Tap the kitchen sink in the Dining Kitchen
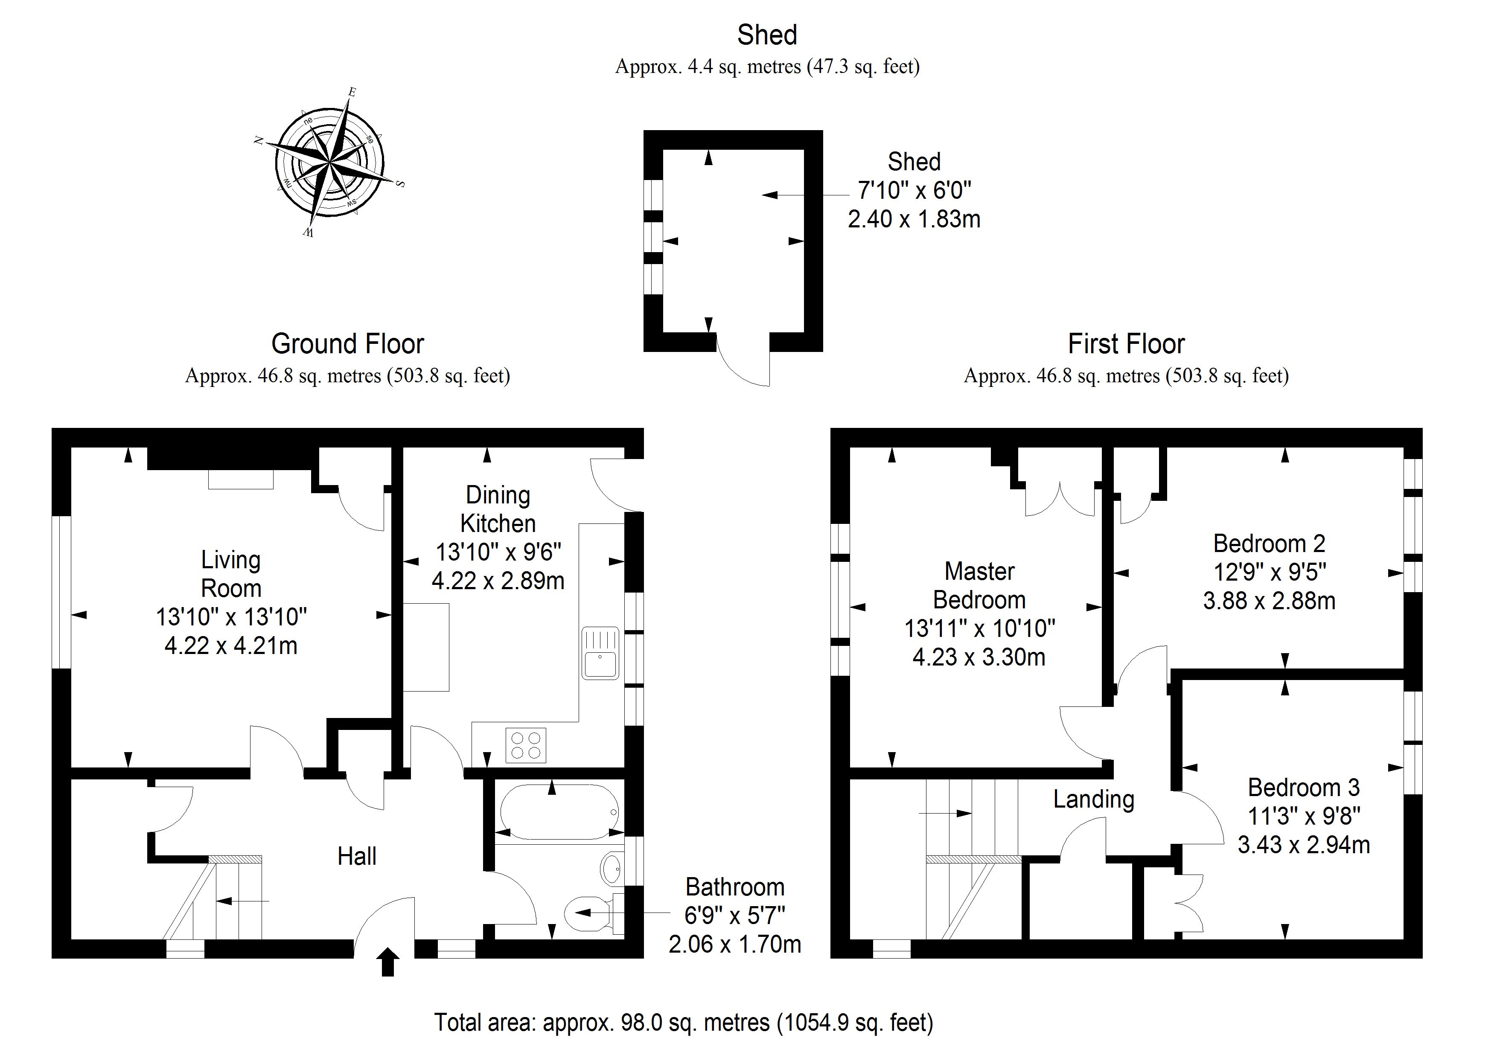coord(600,653)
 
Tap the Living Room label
coord(231,574)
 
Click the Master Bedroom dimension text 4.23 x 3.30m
coord(979,657)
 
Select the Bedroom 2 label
coord(1269,543)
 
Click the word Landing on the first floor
coord(1093,799)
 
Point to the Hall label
coord(357,856)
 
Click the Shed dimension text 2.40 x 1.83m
coord(914,219)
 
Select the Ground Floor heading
coord(347,343)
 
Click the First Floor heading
coord(1126,343)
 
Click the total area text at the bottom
coord(683,1022)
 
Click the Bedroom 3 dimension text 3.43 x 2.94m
coord(1303,845)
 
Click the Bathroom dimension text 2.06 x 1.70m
coord(735,944)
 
